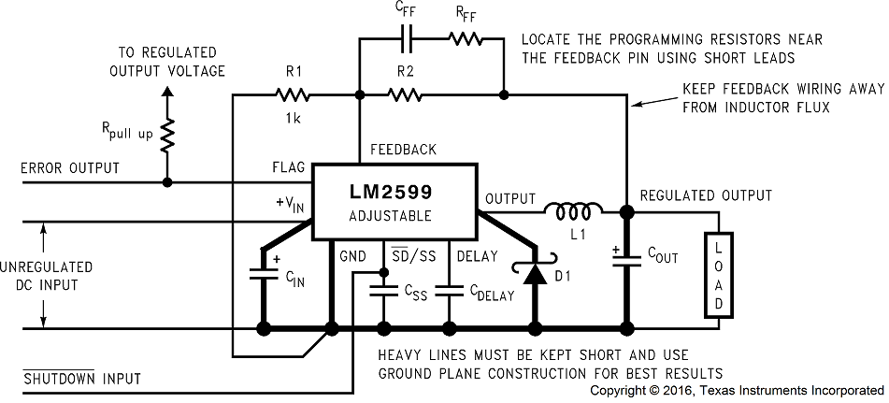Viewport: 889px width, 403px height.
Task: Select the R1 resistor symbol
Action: (x=291, y=94)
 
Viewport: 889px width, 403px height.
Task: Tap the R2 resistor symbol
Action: (x=404, y=94)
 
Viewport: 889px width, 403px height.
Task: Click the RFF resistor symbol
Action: (x=464, y=39)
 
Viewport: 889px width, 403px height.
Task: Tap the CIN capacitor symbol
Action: (x=263, y=275)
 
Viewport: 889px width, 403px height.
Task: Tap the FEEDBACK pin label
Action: (x=403, y=150)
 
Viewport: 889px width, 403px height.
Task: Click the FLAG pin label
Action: (x=288, y=168)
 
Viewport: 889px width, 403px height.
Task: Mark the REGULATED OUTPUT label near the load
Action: (x=706, y=195)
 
